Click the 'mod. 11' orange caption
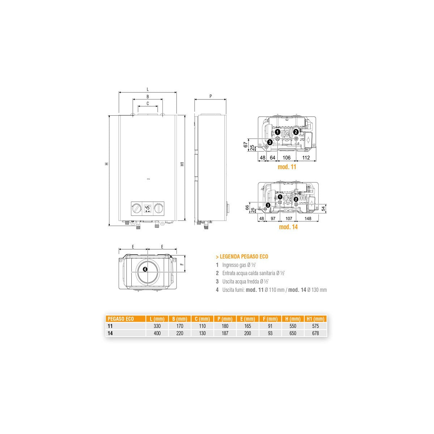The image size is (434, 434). coord(287,167)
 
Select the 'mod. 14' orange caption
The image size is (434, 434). coord(288,227)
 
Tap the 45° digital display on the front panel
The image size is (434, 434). coord(148,209)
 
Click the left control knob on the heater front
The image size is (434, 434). coord(136,208)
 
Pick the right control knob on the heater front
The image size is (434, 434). coord(159,208)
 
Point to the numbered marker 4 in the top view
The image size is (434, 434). coord(145,269)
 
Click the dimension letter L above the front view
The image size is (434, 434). coord(148,90)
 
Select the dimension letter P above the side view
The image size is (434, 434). coord(210,96)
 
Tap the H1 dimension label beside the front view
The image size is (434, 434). coord(182,164)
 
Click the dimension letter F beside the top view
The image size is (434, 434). coord(182,264)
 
